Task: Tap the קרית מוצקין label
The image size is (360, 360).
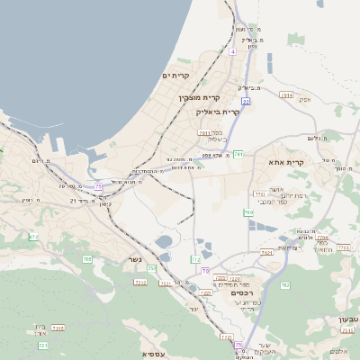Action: (x=199, y=97)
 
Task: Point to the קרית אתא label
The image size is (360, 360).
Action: (x=288, y=162)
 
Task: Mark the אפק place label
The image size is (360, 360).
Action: (x=301, y=99)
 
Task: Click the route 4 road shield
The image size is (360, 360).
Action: (x=232, y=52)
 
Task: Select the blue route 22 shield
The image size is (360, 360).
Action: (x=245, y=102)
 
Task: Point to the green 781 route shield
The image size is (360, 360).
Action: (x=238, y=154)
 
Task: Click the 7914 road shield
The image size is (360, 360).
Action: (x=287, y=94)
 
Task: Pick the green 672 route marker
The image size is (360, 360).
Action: (x=34, y=237)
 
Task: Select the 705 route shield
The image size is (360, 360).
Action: (x=87, y=259)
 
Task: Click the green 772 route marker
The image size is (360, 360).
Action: (x=195, y=259)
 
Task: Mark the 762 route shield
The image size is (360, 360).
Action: (x=284, y=285)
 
